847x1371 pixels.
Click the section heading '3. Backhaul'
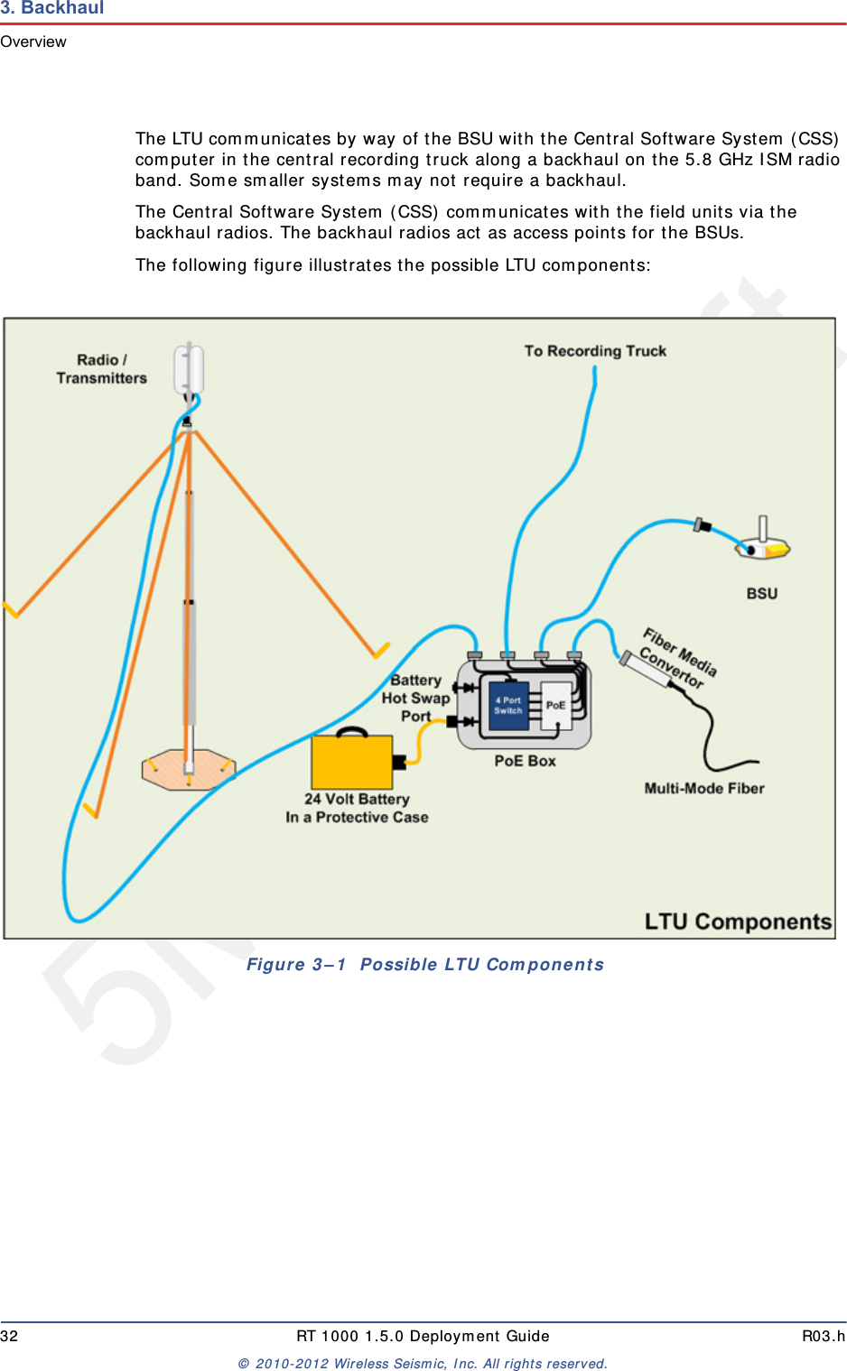tap(52, 8)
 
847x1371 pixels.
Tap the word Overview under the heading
tap(33, 42)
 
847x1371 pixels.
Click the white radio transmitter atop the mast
tap(190, 369)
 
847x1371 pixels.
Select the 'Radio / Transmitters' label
tap(101, 369)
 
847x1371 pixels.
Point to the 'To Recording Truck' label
tap(595, 351)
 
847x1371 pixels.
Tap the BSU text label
tap(761, 594)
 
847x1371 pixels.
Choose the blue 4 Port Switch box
tap(507, 705)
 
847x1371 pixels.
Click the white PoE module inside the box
tap(555, 705)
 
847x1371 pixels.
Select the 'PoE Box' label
tap(525, 761)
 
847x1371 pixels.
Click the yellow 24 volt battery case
tap(352, 762)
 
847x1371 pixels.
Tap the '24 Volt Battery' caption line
tap(357, 799)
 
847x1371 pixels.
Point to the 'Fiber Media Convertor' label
tap(678, 659)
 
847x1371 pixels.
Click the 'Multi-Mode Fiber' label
tap(703, 788)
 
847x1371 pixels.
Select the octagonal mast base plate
tap(188, 770)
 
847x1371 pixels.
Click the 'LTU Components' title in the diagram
tap(737, 922)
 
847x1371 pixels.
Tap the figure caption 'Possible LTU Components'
tap(481, 964)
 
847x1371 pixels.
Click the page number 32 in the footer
tap(9, 1336)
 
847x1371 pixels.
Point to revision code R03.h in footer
tap(823, 1336)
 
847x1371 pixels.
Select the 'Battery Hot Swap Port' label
tap(415, 698)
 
